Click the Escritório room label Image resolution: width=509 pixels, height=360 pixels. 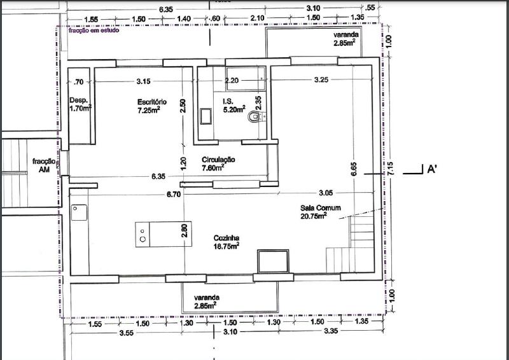click(152, 106)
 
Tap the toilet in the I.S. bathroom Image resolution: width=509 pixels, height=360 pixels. click(256, 118)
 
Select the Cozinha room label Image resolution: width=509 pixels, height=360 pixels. click(227, 241)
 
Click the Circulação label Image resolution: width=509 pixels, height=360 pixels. click(218, 163)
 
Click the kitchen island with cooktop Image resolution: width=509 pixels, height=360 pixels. click(159, 233)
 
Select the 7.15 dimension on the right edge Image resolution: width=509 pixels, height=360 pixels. click(391, 169)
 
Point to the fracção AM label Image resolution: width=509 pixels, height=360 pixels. click(44, 165)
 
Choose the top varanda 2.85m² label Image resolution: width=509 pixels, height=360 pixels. click(345, 39)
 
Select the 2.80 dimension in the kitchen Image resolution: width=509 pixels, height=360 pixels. click(185, 230)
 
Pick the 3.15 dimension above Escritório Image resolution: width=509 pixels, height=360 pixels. click(143, 81)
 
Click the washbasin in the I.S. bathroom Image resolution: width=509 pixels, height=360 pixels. click(206, 116)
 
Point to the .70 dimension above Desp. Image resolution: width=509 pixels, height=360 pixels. click(78, 81)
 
